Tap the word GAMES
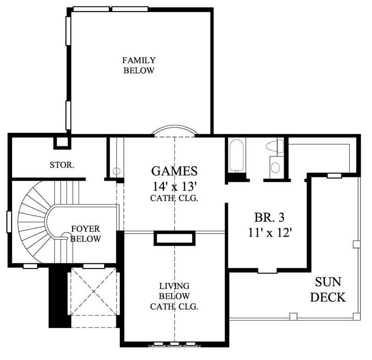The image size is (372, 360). tap(174, 171)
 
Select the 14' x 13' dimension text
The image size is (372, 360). tap(174, 186)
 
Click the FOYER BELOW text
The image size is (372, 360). tap(86, 234)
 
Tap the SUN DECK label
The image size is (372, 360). tap(329, 289)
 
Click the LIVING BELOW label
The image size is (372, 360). tap(174, 296)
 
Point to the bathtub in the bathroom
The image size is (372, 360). tap(237, 156)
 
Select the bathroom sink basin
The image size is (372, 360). tap(275, 167)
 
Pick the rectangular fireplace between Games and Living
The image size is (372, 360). tap(174, 238)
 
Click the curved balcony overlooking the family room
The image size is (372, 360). tap(175, 131)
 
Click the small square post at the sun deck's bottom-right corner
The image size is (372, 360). tap(356, 316)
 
